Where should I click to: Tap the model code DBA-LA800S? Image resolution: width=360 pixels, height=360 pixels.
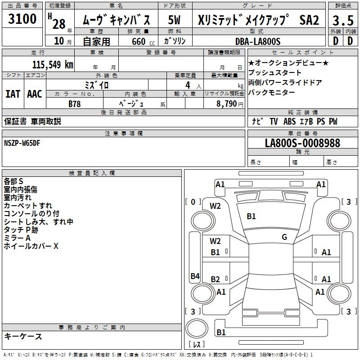[258, 41]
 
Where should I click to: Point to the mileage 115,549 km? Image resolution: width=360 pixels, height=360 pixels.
[52, 64]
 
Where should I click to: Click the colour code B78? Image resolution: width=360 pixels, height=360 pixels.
[75, 103]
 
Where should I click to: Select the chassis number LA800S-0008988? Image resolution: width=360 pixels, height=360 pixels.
[302, 143]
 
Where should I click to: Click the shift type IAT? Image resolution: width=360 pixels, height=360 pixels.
[13, 94]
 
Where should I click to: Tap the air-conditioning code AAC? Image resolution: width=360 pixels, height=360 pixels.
[34, 94]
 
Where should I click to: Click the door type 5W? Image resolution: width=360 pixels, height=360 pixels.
[175, 20]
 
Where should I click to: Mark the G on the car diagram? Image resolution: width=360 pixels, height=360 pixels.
[284, 237]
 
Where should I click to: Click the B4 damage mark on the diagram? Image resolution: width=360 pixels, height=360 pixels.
[195, 276]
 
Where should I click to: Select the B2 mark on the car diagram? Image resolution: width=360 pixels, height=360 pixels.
[216, 279]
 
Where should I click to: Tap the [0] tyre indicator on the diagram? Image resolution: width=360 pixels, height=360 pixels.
[193, 202]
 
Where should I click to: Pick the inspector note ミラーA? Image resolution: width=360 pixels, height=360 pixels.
[17, 238]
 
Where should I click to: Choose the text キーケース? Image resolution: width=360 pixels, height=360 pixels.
[23, 336]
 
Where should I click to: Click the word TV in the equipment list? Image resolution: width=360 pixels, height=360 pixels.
[274, 121]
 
